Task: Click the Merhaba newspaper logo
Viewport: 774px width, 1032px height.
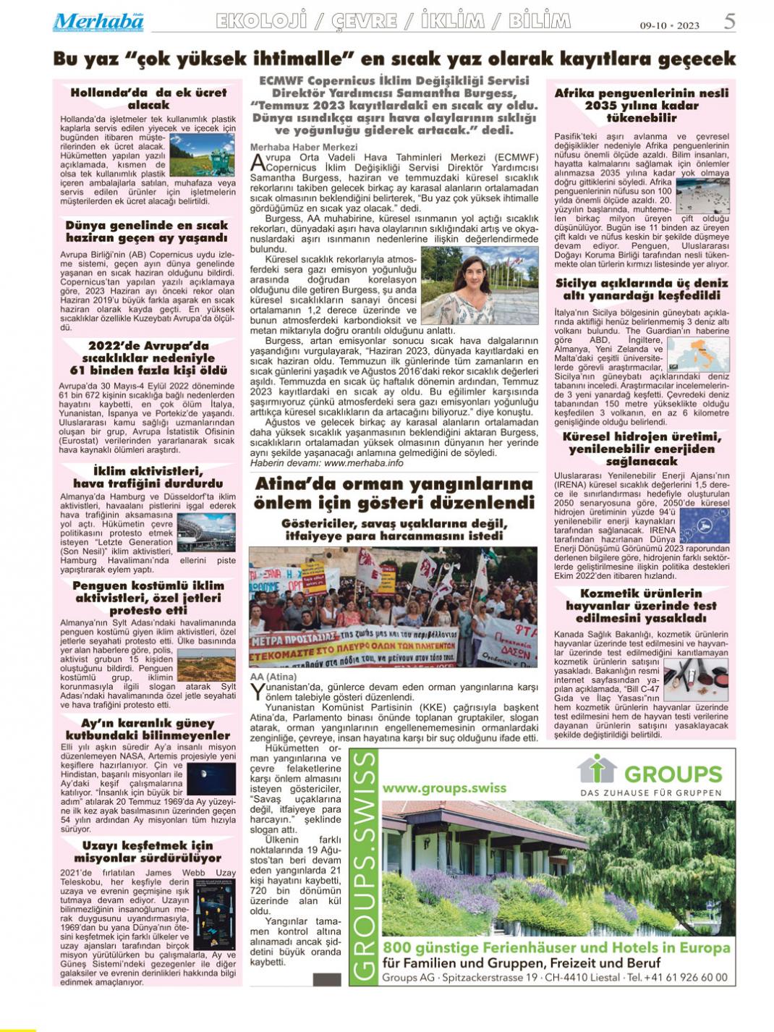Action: tap(98, 22)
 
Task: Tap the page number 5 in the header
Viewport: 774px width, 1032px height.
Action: tap(729, 22)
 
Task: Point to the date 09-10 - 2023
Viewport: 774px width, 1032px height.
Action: tap(669, 25)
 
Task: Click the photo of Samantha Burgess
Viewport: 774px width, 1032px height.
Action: tap(479, 284)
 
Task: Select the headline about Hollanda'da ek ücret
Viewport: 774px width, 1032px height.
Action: tap(148, 98)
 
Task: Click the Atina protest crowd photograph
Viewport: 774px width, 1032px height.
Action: tap(393, 606)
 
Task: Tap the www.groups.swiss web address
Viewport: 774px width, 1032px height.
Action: tap(434, 787)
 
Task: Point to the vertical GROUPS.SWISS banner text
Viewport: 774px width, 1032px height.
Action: tap(365, 867)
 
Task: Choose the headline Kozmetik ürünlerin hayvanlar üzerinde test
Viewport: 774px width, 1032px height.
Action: tap(641, 606)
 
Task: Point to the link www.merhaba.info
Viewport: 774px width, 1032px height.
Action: tap(363, 462)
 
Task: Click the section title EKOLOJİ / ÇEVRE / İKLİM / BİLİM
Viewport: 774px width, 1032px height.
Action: tap(393, 22)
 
